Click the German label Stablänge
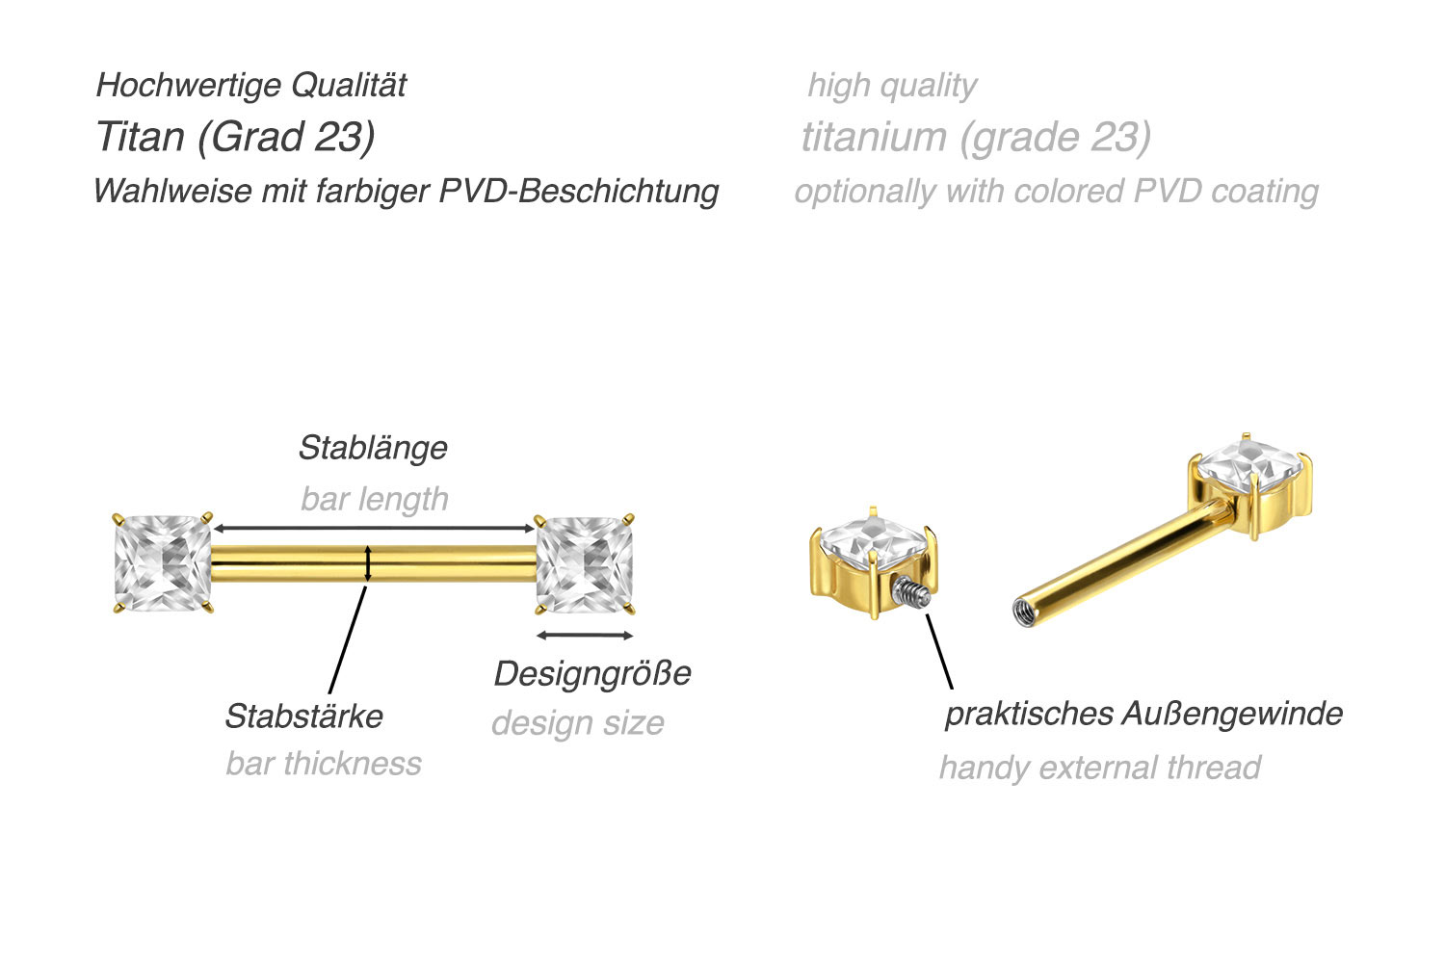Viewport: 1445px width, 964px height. [373, 448]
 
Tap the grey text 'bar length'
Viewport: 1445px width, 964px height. [375, 499]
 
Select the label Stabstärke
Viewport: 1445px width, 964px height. [303, 716]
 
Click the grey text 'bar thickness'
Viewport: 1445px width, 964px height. [324, 764]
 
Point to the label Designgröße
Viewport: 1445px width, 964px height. [591, 673]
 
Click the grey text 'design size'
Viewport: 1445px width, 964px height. [578, 723]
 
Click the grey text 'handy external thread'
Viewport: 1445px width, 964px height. [1099, 768]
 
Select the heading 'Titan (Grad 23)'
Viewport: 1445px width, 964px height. [235, 137]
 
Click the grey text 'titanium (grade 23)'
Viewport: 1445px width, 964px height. [976, 137]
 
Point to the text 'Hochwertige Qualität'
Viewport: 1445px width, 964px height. [251, 85]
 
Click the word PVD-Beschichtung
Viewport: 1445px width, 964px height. [579, 191]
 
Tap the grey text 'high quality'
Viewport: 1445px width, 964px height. [892, 85]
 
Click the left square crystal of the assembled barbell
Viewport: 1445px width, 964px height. [162, 563]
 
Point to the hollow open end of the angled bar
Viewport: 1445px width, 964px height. [1023, 610]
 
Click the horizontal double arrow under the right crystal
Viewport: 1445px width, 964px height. [585, 635]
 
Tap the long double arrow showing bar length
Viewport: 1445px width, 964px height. [374, 529]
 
